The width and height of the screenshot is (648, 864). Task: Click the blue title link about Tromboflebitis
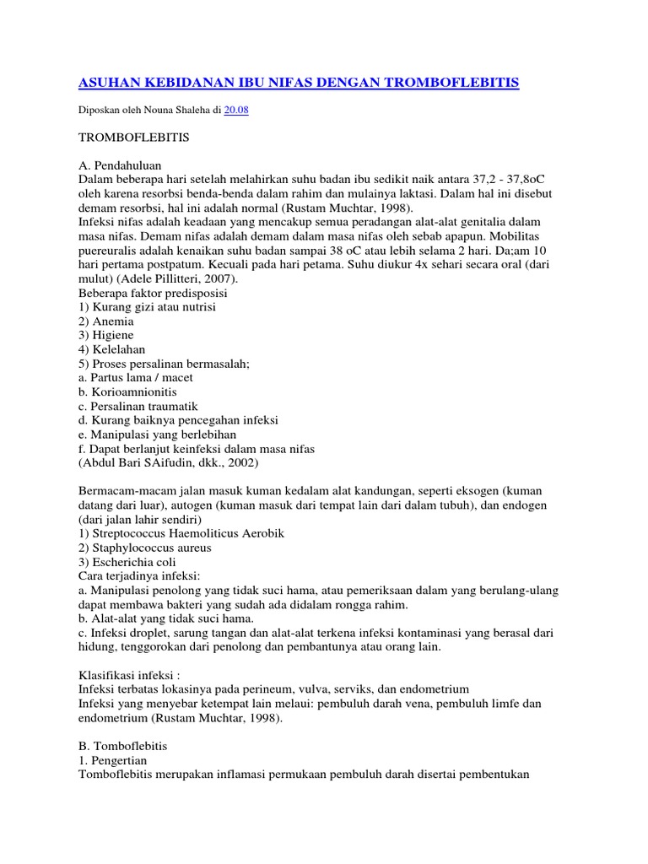(x=298, y=83)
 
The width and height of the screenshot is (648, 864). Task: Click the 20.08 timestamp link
(x=235, y=111)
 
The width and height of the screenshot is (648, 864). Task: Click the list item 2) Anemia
(x=105, y=321)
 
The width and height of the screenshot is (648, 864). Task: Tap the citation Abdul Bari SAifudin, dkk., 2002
(x=169, y=463)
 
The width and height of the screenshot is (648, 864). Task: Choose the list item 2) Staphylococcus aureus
(x=144, y=548)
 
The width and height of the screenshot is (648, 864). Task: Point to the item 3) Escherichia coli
(x=128, y=563)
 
